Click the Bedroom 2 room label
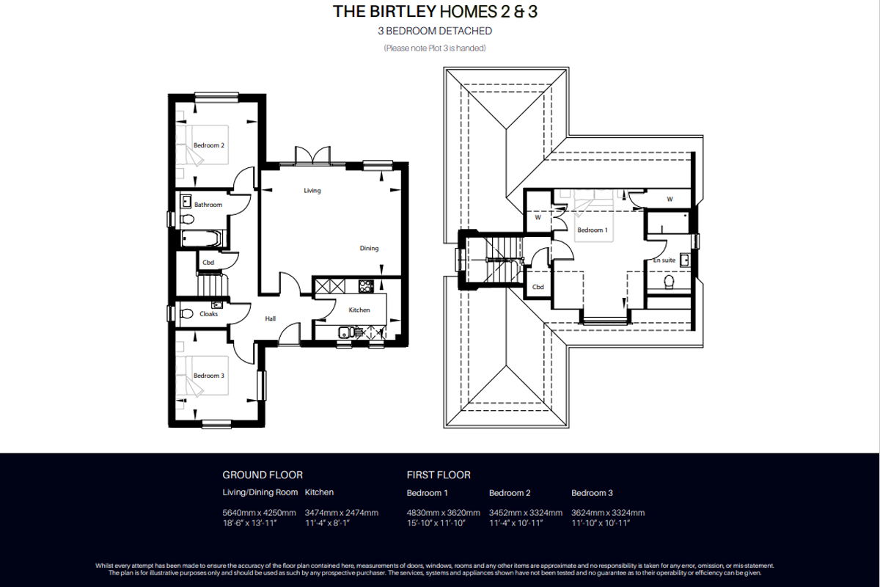pos(208,145)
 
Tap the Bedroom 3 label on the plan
pos(208,376)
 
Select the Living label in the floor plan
pos(312,191)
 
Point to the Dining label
pos(369,249)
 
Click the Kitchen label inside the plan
pos(359,310)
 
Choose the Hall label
pos(271,318)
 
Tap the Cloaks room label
pos(208,314)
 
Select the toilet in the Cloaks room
pos(187,314)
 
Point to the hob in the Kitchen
pos(366,286)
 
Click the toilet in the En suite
pos(669,282)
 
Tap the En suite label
pos(664,260)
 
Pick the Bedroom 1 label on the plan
pos(593,230)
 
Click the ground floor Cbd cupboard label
pos(208,262)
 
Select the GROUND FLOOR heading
pos(263,475)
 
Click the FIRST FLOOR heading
pos(439,475)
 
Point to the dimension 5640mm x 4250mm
pos(259,513)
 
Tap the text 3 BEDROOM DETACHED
pos(435,31)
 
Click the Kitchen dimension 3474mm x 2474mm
pos(342,513)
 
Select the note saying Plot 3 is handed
pos(435,48)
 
